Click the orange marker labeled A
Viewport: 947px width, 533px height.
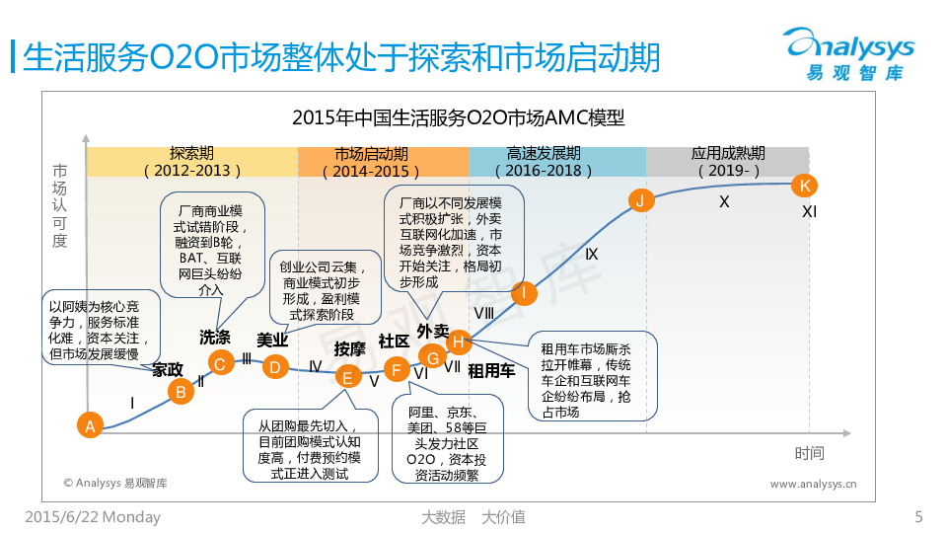pyautogui.click(x=90, y=426)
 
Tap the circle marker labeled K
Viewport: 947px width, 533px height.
pyautogui.click(x=805, y=186)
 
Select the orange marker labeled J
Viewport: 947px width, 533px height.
pyautogui.click(x=641, y=201)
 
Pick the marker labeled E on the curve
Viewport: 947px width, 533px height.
pyautogui.click(x=347, y=376)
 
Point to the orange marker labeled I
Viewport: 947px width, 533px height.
pyautogui.click(x=524, y=292)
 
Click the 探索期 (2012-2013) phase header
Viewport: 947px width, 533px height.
pyautogui.click(x=191, y=162)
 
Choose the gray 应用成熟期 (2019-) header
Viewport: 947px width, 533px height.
pyautogui.click(x=728, y=162)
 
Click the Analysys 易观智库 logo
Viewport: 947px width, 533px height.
pyautogui.click(x=848, y=54)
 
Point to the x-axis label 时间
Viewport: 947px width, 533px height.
pyautogui.click(x=809, y=453)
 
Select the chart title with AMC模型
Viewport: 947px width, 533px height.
pyautogui.click(x=459, y=118)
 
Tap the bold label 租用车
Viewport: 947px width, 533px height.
pyautogui.click(x=491, y=371)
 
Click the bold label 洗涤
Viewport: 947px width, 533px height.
pyautogui.click(x=215, y=337)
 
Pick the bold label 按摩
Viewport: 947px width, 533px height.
pyautogui.click(x=349, y=348)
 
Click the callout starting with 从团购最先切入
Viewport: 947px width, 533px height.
pyautogui.click(x=310, y=446)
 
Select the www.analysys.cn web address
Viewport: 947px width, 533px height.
pyautogui.click(x=813, y=484)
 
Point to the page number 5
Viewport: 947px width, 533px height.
pyautogui.click(x=918, y=516)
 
